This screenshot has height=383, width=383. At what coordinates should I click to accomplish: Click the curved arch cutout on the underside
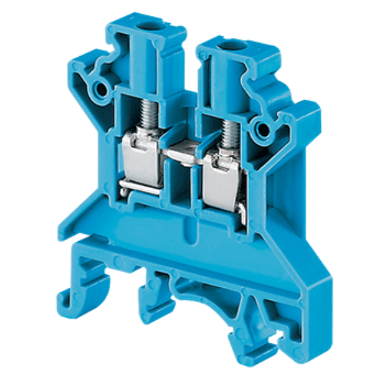tap(198, 287)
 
